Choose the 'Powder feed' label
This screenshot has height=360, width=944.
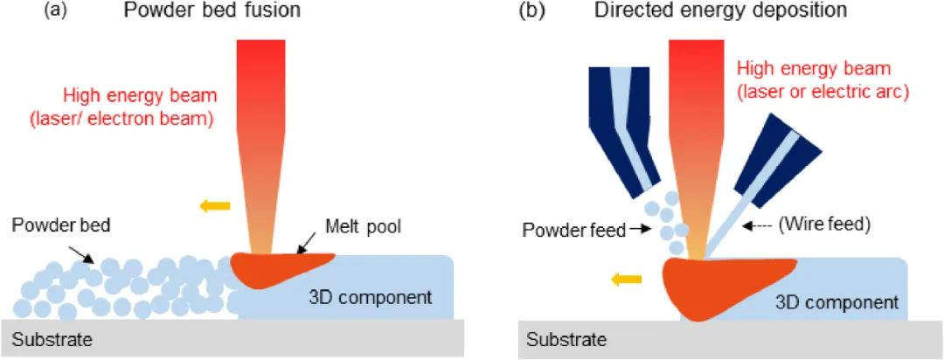574,231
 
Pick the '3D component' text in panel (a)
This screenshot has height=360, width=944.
380,297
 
